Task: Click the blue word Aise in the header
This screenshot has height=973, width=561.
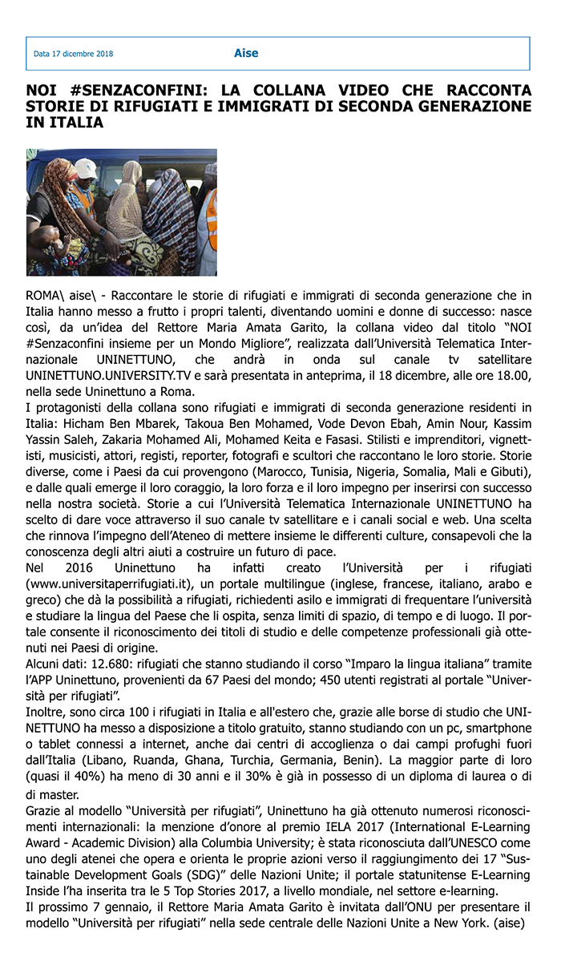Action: click(246, 54)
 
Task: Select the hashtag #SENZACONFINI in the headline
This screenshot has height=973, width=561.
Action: click(128, 90)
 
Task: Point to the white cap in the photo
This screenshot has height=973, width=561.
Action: click(86, 168)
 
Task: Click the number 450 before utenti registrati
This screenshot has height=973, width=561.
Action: click(373, 680)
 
